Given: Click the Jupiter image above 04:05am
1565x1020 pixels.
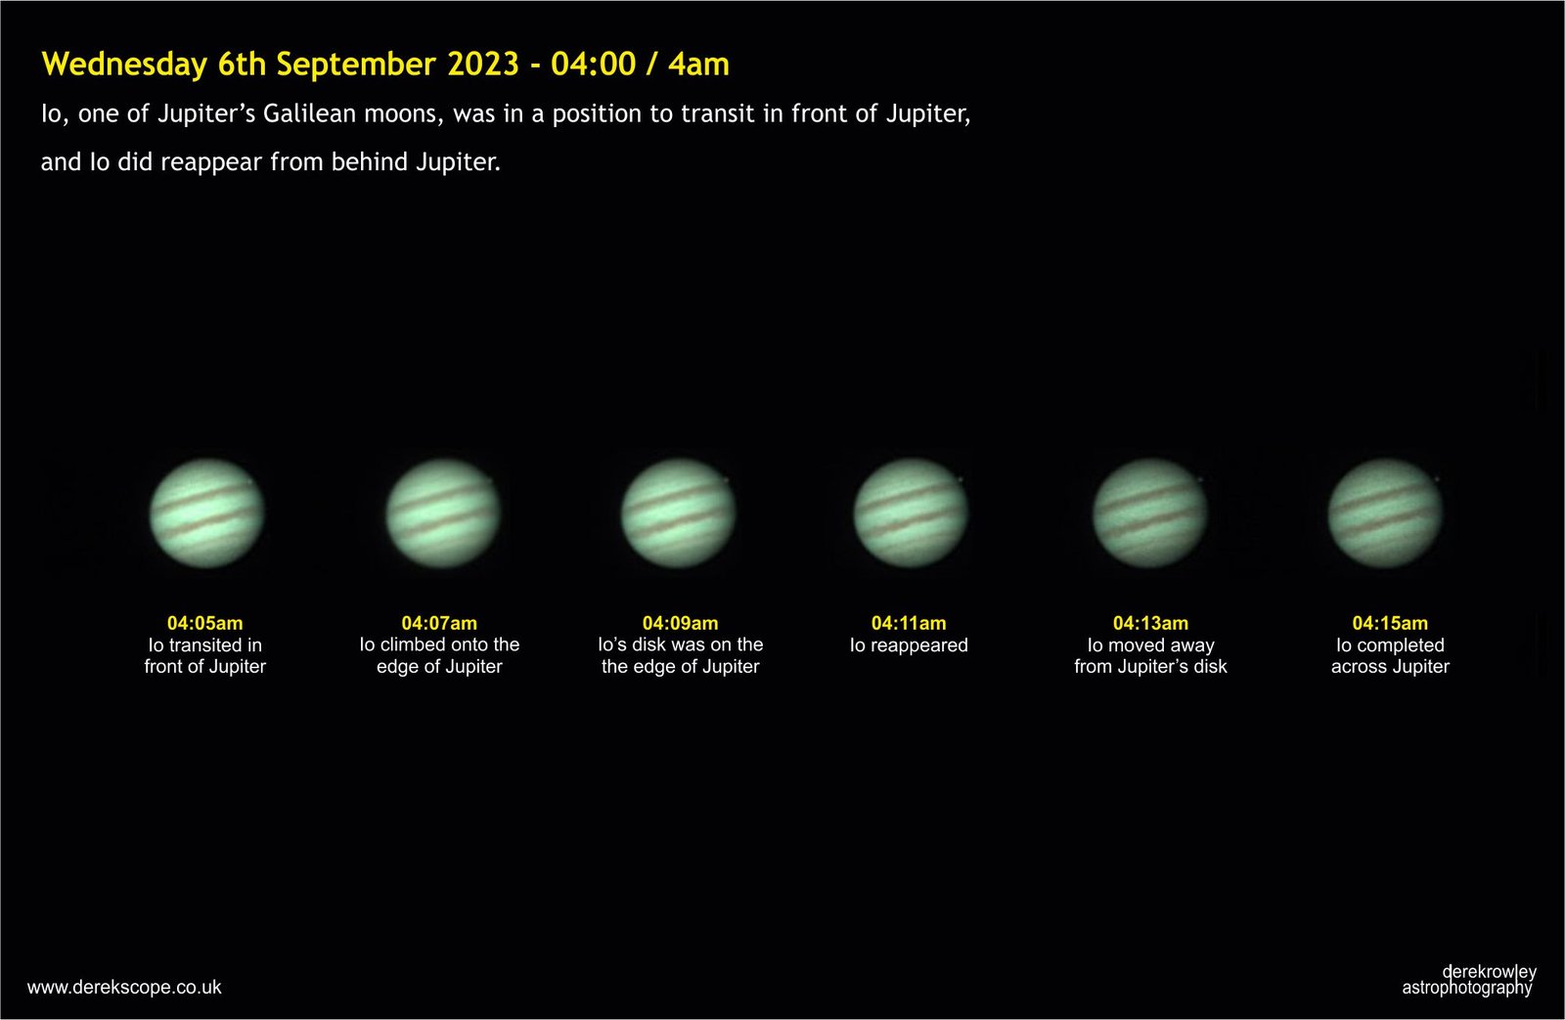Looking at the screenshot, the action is (206, 512).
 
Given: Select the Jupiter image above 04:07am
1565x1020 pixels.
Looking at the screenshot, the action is (443, 512).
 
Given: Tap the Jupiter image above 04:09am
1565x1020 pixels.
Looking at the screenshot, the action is (679, 512).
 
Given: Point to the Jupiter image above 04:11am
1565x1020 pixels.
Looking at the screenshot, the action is (911, 512).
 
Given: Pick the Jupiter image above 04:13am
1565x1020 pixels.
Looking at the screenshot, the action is (1150, 512).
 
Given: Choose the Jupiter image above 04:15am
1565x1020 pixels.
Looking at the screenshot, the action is (1385, 512).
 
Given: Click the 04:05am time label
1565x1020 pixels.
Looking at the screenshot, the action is (204, 623).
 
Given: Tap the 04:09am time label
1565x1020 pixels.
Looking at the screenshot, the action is (680, 623).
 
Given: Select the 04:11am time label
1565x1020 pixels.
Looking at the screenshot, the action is (909, 623).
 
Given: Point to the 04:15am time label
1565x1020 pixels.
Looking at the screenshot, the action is (1390, 623).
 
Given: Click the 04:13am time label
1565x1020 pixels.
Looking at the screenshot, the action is (1150, 623).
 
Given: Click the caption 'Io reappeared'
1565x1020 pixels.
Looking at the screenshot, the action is (909, 644).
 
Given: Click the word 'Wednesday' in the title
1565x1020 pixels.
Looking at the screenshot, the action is (124, 64).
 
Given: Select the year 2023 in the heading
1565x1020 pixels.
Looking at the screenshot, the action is (483, 64).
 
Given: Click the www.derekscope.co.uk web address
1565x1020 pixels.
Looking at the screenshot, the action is (124, 987).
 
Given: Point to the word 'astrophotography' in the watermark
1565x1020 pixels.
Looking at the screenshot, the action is (1466, 988).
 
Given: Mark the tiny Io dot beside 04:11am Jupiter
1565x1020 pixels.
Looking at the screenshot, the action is (961, 479).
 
